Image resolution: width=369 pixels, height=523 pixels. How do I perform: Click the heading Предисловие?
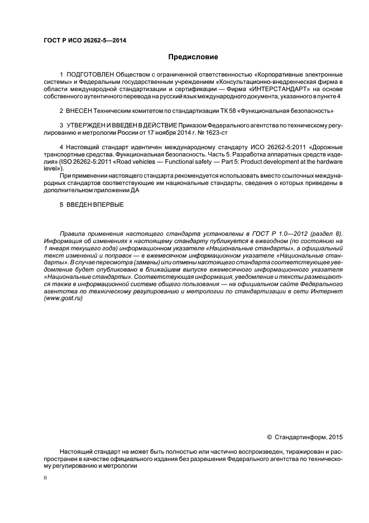point(193,57)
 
